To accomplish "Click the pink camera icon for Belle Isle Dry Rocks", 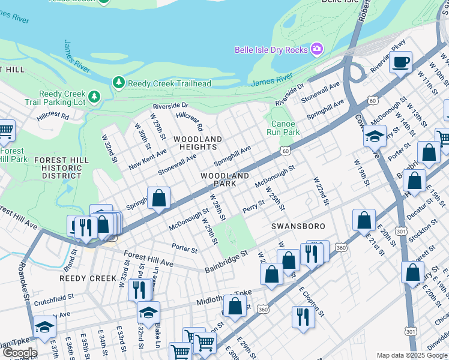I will click(x=316, y=49).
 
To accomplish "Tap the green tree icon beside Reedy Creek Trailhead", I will click(x=119, y=83).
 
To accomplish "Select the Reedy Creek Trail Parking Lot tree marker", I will click(x=94, y=96).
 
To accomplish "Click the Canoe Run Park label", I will click(x=282, y=128).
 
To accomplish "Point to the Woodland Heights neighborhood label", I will click(x=197, y=143).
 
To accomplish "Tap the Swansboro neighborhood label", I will click(x=298, y=226).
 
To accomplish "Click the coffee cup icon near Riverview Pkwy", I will click(x=400, y=61).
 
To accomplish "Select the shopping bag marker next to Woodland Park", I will click(x=159, y=198).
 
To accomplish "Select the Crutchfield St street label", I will click(x=53, y=296).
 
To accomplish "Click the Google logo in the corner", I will click(x=19, y=353).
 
